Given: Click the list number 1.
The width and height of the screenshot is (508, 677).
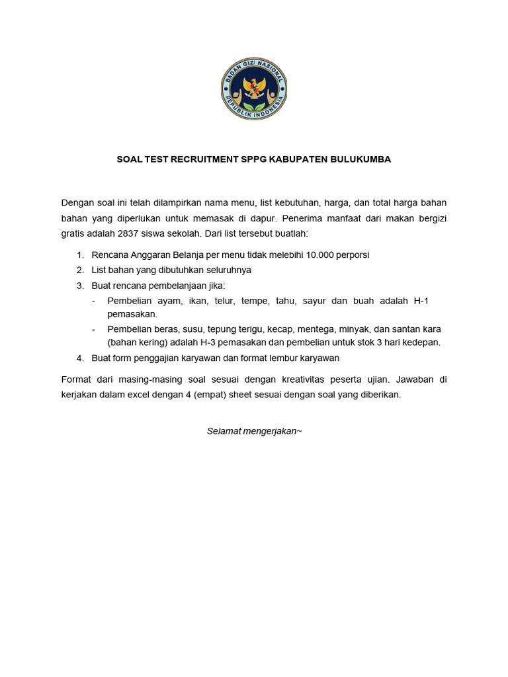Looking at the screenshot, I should [x=79, y=254].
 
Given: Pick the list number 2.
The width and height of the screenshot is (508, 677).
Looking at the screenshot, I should [x=79, y=270].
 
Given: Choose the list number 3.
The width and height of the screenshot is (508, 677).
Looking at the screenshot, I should [x=79, y=286].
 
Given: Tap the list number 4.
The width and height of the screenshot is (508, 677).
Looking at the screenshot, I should [x=79, y=358].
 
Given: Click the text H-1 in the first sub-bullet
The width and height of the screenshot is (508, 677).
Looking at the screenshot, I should [x=421, y=301].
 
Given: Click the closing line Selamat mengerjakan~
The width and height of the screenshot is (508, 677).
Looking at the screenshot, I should [x=254, y=431].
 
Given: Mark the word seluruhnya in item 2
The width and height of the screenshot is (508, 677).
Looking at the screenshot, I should [x=230, y=270].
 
